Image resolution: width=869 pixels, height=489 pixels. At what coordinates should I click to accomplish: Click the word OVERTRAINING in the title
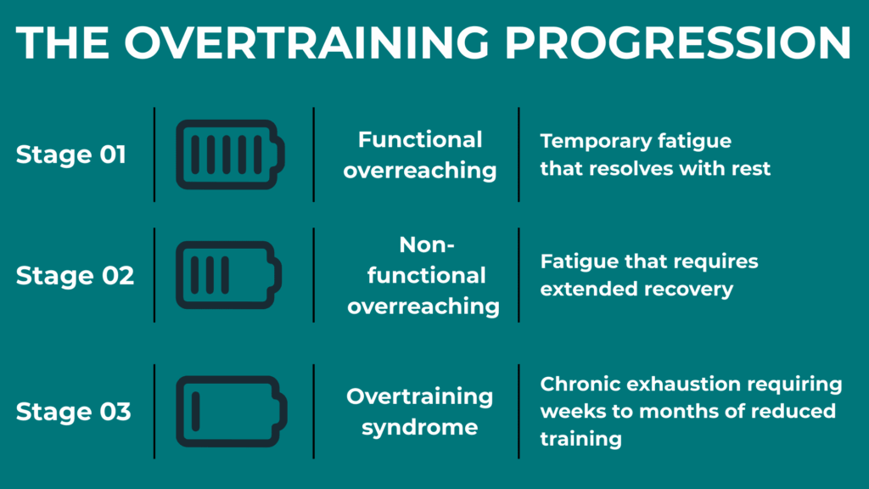327,42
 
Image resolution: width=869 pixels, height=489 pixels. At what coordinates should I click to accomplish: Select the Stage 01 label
70,155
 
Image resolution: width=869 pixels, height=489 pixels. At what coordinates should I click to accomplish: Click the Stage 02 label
75,276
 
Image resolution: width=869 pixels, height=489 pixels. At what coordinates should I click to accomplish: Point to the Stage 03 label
73,412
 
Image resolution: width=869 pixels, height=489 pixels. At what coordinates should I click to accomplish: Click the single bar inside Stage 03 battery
195,411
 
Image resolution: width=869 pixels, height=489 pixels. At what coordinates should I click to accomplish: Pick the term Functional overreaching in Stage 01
419,155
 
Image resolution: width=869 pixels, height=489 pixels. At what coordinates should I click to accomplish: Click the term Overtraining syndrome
419,411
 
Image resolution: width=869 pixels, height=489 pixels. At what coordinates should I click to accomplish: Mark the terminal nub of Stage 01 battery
281,154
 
